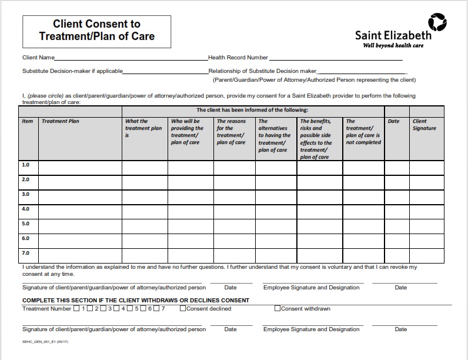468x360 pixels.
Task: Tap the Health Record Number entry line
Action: [x=335, y=58]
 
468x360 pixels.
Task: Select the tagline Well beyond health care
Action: [x=393, y=45]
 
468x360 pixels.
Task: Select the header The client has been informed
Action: [x=252, y=110]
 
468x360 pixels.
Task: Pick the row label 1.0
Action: [x=26, y=165]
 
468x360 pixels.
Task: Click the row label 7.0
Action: [x=26, y=253]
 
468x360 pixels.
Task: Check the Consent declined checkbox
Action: [x=183, y=308]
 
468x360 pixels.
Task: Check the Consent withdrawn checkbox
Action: [x=278, y=308]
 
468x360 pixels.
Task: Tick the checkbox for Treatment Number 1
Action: [x=77, y=308]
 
